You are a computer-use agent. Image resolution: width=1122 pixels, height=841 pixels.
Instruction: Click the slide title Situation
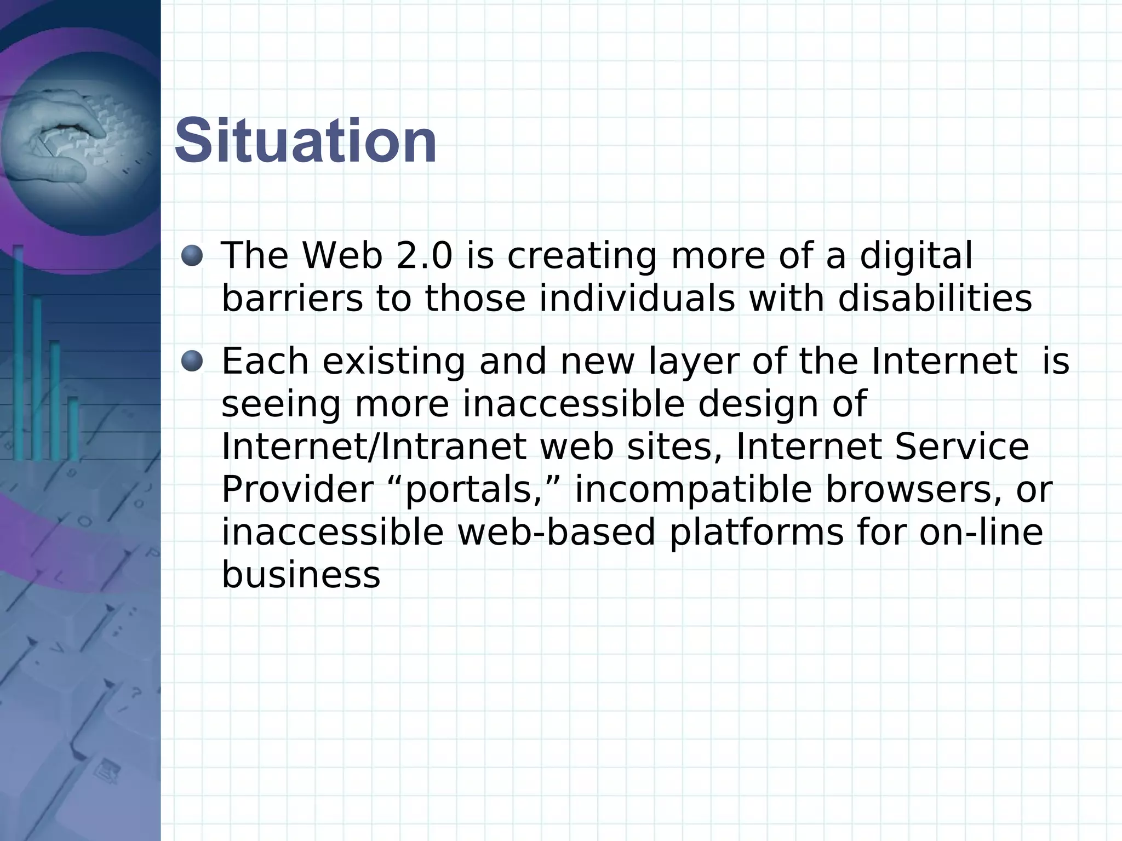(x=305, y=141)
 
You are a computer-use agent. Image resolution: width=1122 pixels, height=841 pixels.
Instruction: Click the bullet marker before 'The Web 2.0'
(x=192, y=255)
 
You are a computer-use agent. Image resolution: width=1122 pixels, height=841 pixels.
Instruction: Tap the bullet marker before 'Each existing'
(x=192, y=361)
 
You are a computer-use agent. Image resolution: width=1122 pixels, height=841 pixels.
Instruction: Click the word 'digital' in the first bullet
(x=915, y=256)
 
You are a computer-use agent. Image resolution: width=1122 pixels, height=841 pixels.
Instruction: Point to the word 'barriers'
(x=292, y=299)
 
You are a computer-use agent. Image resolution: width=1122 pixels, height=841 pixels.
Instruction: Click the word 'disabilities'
(x=935, y=299)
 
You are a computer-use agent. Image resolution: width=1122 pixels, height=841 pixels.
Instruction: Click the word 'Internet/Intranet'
(x=373, y=447)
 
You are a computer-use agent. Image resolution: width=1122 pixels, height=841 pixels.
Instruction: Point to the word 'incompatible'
(x=692, y=490)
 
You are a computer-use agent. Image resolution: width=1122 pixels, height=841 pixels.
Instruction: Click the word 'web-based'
(x=556, y=533)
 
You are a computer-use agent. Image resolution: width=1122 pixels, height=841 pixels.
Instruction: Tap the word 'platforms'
(x=757, y=533)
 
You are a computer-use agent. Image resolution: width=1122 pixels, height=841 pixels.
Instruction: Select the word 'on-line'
(x=981, y=533)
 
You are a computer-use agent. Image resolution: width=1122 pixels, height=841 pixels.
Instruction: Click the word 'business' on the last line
(x=301, y=575)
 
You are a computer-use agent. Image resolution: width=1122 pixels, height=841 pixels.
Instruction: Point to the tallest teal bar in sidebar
(x=18, y=351)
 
